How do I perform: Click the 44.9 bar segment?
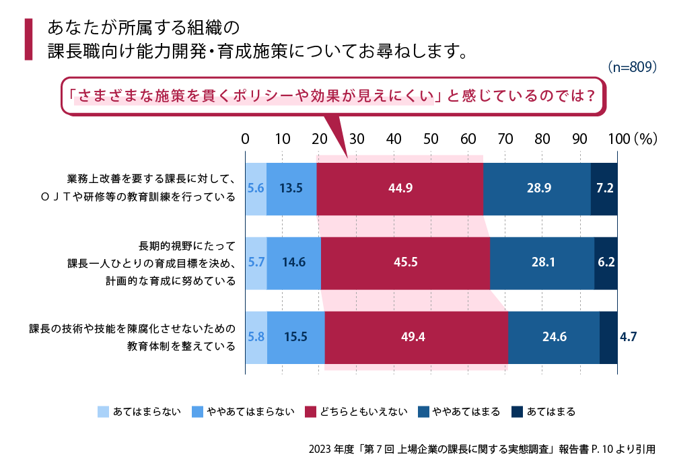400,188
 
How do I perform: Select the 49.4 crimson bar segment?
416,337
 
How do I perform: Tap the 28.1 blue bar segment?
542,263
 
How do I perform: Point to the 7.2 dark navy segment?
604,188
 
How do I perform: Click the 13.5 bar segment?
291,188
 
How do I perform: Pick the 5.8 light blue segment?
256,337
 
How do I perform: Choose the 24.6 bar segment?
553,337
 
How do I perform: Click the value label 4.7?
629,337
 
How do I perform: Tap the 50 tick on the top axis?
431,139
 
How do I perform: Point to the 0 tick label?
246,139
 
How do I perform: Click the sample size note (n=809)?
631,67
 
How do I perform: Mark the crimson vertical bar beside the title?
28,40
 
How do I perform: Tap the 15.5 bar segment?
296,337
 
